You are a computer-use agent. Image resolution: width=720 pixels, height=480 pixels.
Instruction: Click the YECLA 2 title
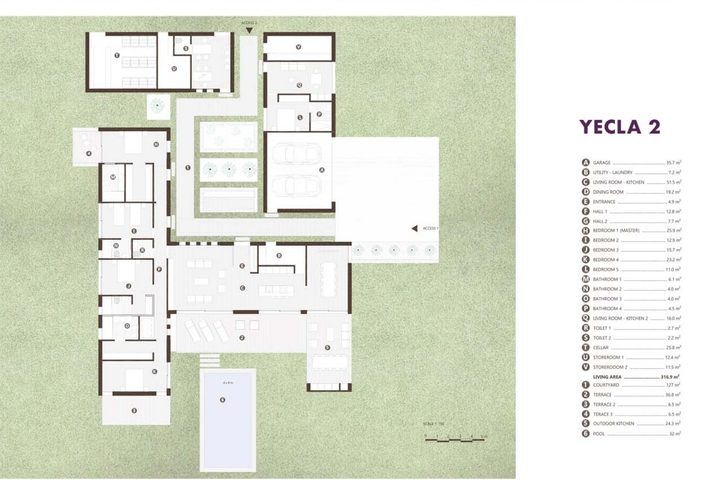tap(619, 127)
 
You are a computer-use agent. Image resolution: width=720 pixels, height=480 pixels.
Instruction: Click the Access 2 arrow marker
tap(249, 30)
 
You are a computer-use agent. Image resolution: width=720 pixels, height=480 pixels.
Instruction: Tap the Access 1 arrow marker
tap(414, 228)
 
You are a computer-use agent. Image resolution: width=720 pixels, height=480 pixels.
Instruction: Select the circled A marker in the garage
tap(322, 170)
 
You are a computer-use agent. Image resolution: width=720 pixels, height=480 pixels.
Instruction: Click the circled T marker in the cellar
tap(117, 55)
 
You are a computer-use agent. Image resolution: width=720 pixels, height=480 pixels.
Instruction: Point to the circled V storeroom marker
tap(298, 47)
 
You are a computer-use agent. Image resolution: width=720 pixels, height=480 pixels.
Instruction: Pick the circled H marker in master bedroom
tap(156, 144)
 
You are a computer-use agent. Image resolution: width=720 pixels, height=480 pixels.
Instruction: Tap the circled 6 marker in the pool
tap(222, 400)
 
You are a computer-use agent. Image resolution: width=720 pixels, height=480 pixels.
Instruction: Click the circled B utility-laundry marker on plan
tap(279, 256)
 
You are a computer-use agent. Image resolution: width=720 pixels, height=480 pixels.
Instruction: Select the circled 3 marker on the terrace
tap(134, 411)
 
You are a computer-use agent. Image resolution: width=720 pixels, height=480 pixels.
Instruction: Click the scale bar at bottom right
tap(455, 439)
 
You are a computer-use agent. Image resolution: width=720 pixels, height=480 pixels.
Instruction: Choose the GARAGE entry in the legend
tap(601, 163)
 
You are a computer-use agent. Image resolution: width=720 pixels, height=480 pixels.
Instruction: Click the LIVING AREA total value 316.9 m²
tap(670, 377)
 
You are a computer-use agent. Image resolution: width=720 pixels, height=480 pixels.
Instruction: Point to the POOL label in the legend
tap(598, 434)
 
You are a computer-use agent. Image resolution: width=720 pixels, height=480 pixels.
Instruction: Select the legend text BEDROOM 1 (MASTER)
tap(616, 231)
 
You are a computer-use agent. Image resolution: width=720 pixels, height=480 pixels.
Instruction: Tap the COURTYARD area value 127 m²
tap(673, 385)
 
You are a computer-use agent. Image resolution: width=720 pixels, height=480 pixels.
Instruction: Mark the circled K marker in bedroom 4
tap(154, 372)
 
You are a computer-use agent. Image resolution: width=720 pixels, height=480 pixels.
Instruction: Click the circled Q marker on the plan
tap(299, 85)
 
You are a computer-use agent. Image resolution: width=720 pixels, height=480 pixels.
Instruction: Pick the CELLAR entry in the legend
tap(600, 348)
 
